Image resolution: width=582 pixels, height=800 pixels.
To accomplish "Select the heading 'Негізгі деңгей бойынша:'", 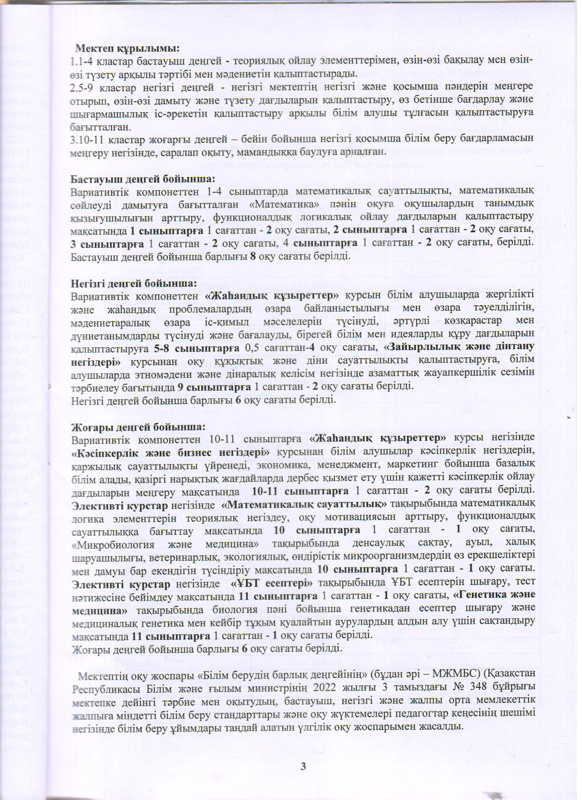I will (x=134, y=283).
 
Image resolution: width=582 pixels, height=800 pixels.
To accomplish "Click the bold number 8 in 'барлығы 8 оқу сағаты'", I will (x=252, y=256).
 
